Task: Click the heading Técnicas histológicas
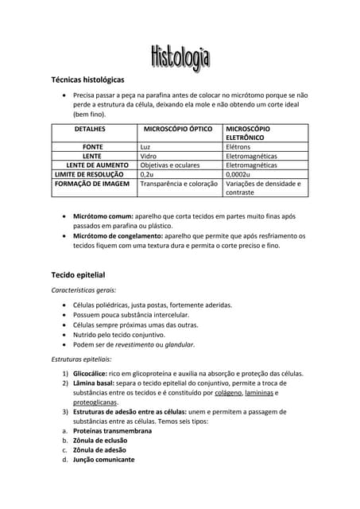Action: point(87,80)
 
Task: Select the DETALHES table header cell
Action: point(90,128)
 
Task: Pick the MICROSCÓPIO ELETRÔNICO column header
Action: point(248,132)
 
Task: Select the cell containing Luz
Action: point(145,147)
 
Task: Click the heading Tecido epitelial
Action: point(78,274)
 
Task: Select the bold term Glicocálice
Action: point(94,373)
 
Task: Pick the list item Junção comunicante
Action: point(103,460)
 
